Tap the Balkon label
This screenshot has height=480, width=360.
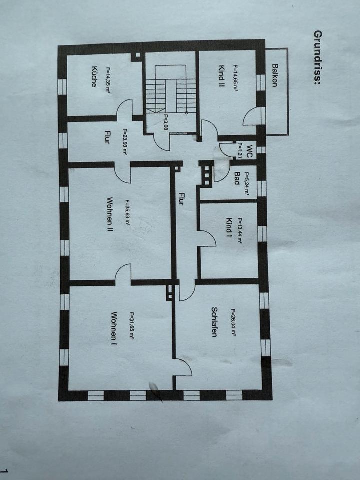pos(275,75)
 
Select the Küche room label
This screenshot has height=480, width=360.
pos(93,77)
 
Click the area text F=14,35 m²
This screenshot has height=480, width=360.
pos(107,80)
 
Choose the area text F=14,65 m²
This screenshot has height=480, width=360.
pos(235,78)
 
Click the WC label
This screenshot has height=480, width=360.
pos(250,149)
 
